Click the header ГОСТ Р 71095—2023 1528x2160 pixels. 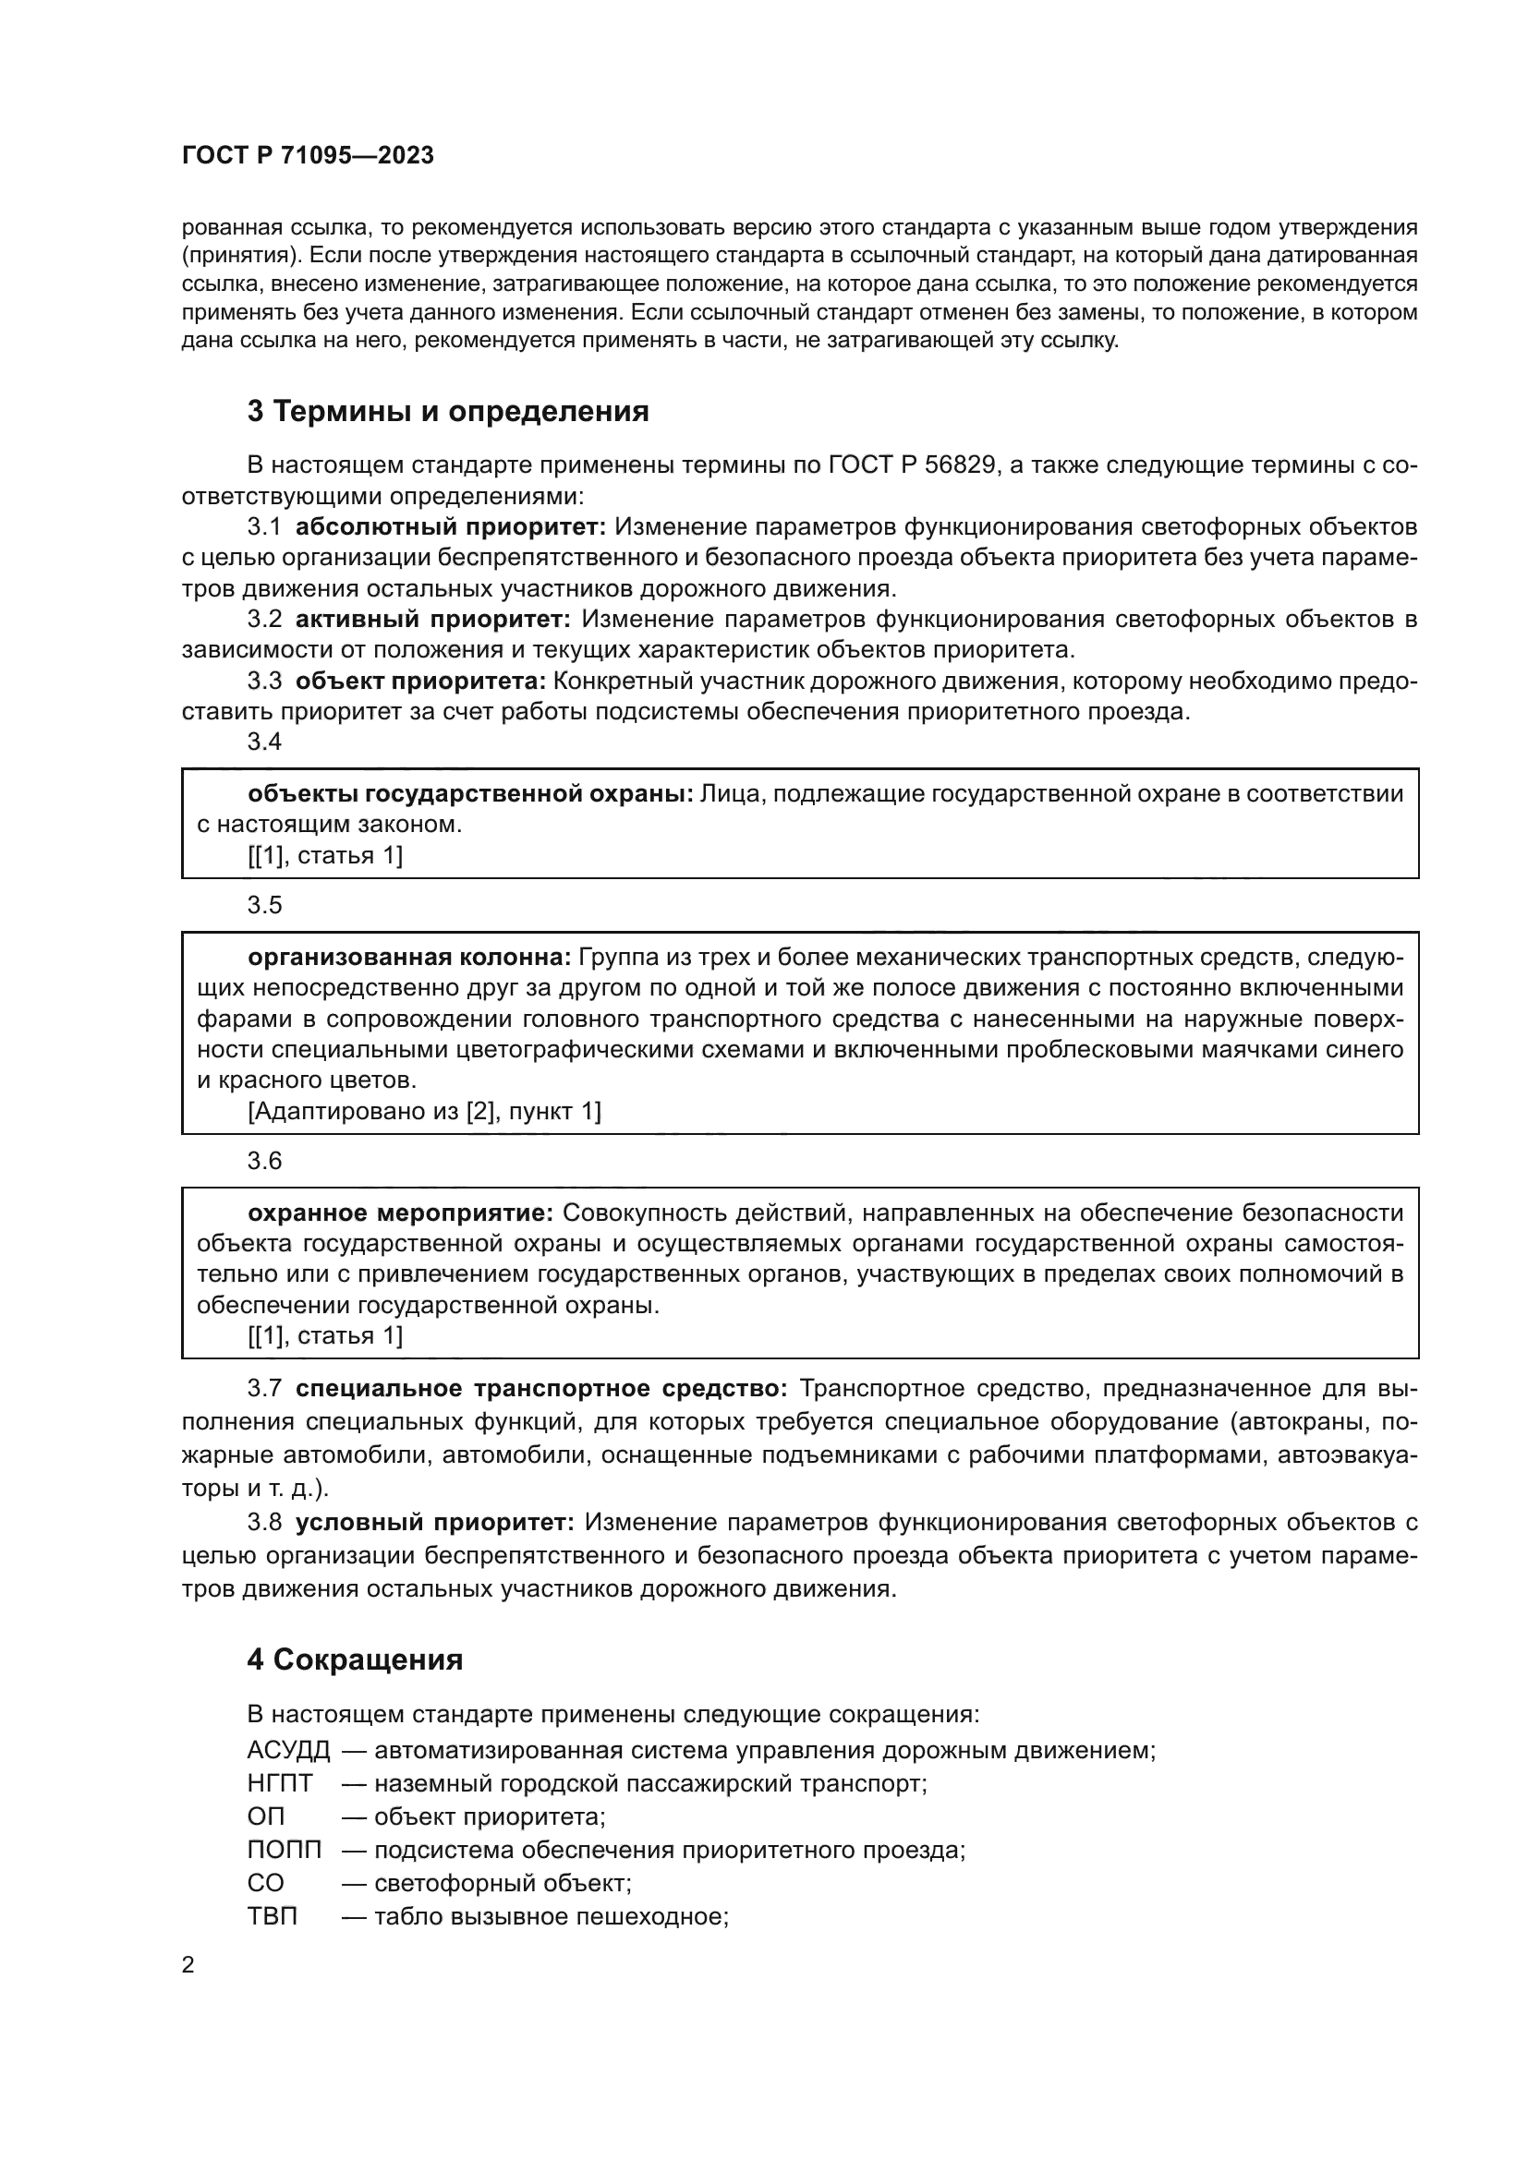click(308, 155)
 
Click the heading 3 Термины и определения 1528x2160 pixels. click(448, 411)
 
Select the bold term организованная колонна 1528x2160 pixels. click(409, 957)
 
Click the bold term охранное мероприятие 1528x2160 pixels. click(402, 1213)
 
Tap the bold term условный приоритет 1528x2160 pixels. click(434, 1521)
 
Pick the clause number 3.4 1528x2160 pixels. click(264, 742)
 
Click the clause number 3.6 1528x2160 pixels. click(264, 1160)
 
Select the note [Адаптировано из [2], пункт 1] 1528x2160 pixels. click(423, 1111)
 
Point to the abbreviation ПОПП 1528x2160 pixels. click(285, 1850)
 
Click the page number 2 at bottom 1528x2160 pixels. click(188, 1965)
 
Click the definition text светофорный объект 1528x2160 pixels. click(502, 1882)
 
